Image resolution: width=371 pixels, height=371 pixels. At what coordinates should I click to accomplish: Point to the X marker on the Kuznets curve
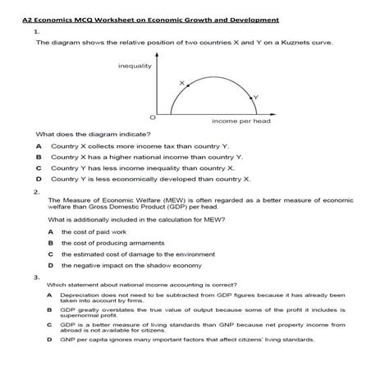(x=181, y=83)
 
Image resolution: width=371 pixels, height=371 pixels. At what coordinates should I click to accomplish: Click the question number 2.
(x=38, y=190)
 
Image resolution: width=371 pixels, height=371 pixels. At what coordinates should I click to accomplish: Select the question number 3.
(x=38, y=277)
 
